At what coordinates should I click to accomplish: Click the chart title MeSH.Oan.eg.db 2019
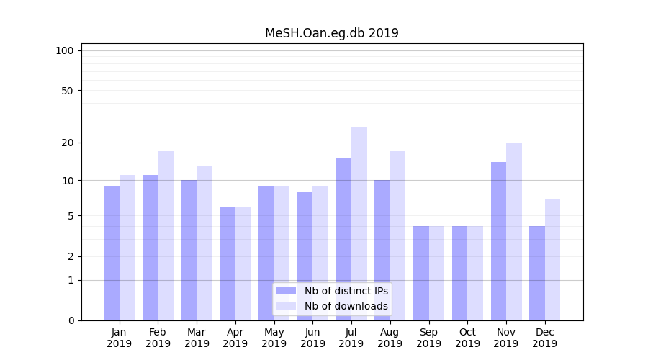[x=331, y=33]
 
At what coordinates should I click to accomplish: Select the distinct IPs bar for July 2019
[x=343, y=239]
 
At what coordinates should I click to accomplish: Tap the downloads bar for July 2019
[x=359, y=224]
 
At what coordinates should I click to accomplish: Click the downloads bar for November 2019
[x=514, y=231]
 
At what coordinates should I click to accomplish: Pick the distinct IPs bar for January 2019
[x=112, y=253]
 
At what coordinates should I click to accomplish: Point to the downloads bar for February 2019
[x=166, y=235]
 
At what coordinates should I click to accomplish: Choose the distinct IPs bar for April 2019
[x=228, y=264]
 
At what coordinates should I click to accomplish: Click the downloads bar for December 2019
[x=552, y=259]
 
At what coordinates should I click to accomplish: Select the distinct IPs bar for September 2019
[x=421, y=273]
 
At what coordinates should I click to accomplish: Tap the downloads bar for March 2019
[x=204, y=243]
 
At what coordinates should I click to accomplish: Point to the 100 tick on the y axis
[x=65, y=50]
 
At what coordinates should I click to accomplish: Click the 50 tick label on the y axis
[x=68, y=91]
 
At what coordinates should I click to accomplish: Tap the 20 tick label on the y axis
[x=68, y=143]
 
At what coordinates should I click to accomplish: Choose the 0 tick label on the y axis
[x=71, y=320]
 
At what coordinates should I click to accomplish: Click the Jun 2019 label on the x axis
[x=312, y=338]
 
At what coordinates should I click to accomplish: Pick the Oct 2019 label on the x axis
[x=467, y=338]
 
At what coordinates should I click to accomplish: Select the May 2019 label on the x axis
[x=274, y=338]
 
